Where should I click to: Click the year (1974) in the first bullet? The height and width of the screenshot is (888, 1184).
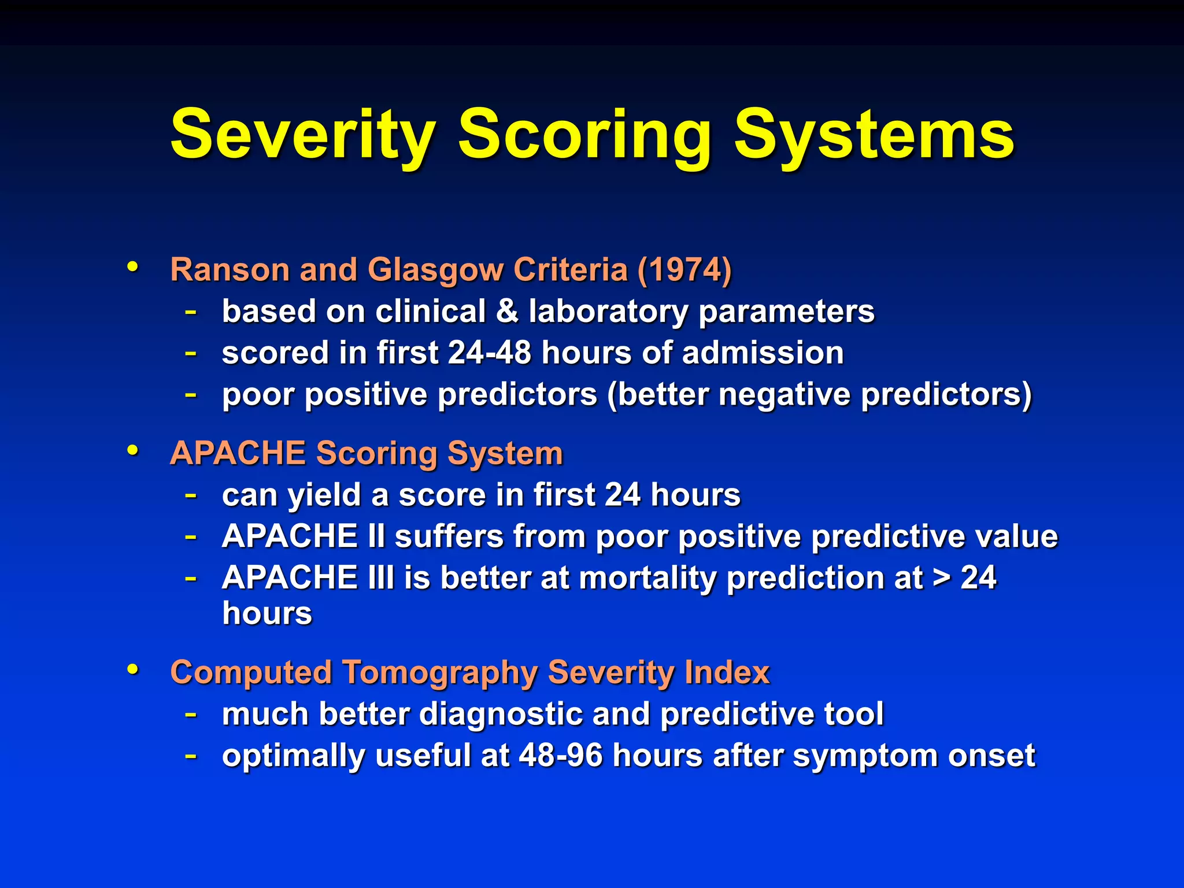(x=684, y=270)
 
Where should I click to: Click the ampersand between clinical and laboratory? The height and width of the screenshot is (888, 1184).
(x=507, y=312)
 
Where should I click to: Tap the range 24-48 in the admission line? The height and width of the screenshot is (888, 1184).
(x=489, y=353)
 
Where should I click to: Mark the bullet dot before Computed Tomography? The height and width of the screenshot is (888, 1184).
(x=133, y=669)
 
